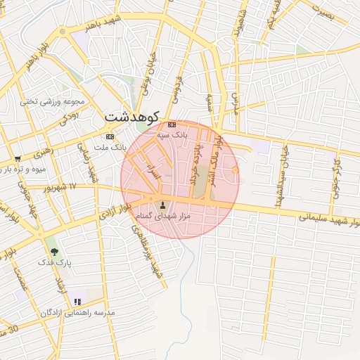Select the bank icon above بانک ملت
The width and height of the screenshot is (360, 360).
coord(110,136)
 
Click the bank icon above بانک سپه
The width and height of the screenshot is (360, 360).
coord(172,124)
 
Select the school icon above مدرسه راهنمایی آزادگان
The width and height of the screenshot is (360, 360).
coord(77,302)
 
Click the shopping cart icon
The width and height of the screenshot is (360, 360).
coord(18,158)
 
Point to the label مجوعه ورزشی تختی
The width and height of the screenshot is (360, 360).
coord(51,101)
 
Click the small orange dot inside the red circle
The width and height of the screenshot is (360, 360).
coord(235,170)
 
